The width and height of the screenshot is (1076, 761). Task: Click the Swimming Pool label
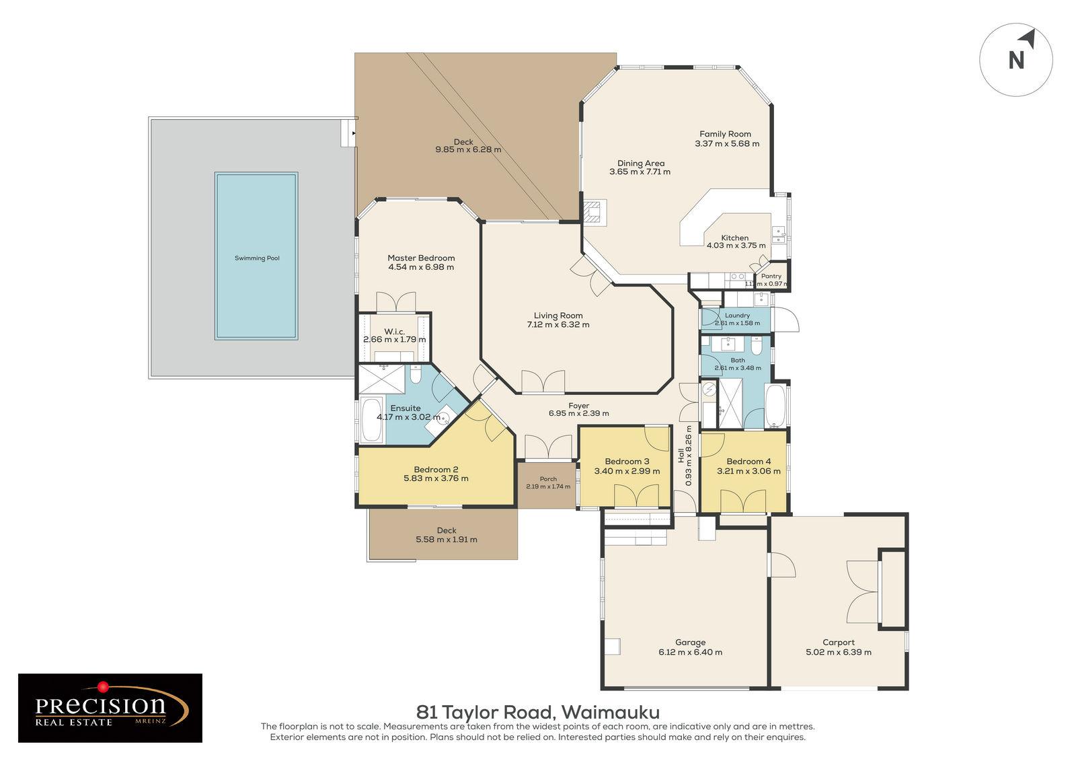coord(256,258)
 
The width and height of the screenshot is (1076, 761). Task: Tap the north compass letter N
coord(1015,61)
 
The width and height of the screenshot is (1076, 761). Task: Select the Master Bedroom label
coord(421,258)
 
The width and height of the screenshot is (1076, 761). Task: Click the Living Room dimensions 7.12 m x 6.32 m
coord(558,324)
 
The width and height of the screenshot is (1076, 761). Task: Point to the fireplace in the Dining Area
coord(594,212)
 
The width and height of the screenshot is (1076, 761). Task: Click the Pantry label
coord(771,276)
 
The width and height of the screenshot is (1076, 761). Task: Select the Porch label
coord(548,479)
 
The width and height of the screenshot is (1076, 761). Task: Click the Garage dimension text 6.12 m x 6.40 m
coord(691,652)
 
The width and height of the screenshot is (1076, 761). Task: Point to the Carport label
coord(839,642)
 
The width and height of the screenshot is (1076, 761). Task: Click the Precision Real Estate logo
coord(110,708)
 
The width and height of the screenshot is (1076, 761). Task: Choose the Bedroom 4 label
coord(748,461)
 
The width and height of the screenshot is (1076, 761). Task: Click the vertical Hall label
coord(681,456)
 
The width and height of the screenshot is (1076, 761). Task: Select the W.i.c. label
coord(394,331)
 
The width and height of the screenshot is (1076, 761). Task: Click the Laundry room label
coord(737,315)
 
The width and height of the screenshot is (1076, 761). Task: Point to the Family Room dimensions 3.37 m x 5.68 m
coord(727,143)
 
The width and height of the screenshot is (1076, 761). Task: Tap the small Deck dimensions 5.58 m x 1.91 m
coord(447,540)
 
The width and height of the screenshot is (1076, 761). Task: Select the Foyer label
coord(578,406)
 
